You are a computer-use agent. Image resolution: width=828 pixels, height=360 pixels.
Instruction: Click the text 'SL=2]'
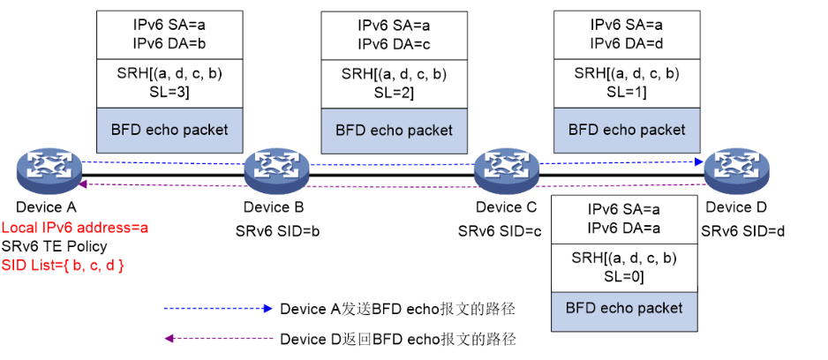tap(393, 92)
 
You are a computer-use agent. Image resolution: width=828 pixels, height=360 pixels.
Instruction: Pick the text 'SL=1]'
tap(626, 91)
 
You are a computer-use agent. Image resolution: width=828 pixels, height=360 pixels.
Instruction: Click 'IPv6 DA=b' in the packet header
tap(169, 41)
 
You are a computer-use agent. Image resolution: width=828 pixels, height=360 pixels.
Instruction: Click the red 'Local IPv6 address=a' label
tap(74, 228)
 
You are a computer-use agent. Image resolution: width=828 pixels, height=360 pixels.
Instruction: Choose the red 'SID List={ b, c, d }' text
tap(63, 264)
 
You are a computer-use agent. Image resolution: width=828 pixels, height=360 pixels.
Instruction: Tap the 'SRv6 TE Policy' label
tap(54, 246)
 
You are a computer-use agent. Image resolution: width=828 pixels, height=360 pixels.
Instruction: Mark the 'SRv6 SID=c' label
tap(499, 231)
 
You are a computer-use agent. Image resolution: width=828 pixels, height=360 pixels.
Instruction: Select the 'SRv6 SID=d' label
tap(742, 230)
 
